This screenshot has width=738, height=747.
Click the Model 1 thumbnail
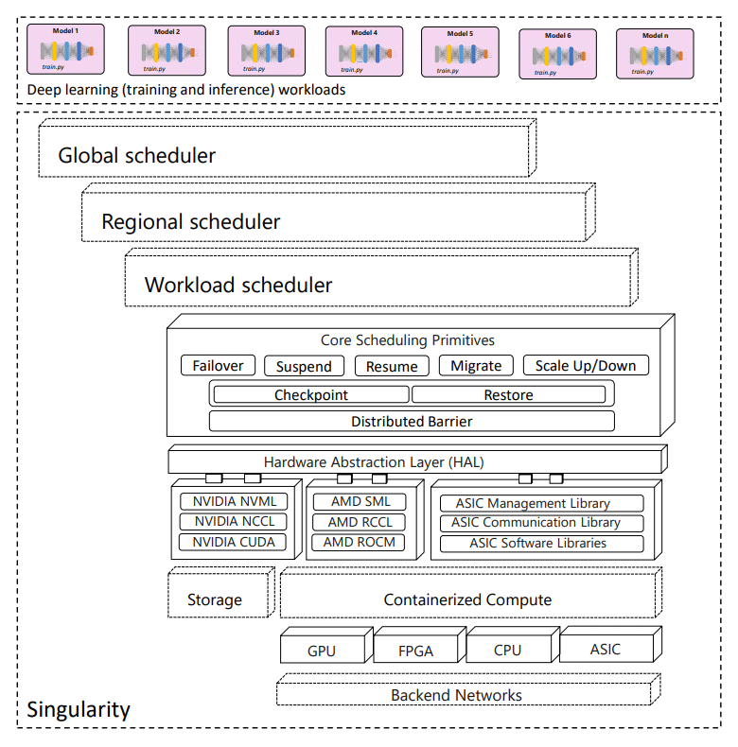pos(65,49)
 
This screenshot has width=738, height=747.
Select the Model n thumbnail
pos(655,53)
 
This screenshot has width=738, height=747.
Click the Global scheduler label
pos(136,155)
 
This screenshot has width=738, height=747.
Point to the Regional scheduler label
pos(190,222)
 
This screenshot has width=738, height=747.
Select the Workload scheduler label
pos(237,285)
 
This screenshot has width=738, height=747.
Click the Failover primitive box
pos(218,366)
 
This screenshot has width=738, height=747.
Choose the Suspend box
pos(304,366)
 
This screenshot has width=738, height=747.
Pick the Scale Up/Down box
pos(586,366)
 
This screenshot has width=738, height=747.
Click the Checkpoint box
pos(311,394)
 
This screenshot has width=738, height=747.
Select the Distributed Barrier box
pos(412,421)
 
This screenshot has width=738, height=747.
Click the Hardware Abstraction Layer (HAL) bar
pos(414,462)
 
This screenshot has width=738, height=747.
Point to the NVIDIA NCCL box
pos(234,522)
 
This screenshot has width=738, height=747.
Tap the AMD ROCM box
pos(359,542)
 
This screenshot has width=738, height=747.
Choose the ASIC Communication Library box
pos(536,523)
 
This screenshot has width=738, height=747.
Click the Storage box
pos(216,599)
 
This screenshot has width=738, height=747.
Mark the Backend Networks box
pos(456,695)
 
